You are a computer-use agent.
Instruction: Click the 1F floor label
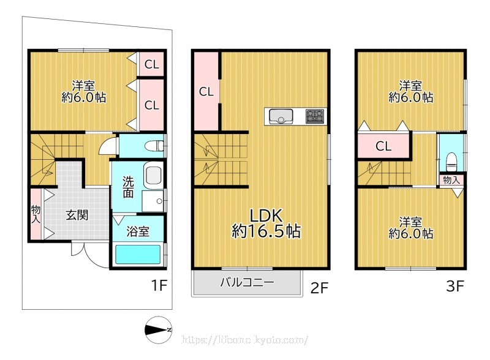coord(159,285)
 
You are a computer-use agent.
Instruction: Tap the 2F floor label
coord(319,288)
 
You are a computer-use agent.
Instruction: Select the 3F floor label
coord(455,286)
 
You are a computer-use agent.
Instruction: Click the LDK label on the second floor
coord(266,216)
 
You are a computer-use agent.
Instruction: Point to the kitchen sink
coord(281,116)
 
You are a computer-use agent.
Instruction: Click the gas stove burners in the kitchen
coord(315,116)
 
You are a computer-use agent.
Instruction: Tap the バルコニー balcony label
coord(247,282)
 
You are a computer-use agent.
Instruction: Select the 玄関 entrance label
coord(77,215)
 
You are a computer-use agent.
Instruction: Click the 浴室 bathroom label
coord(138,231)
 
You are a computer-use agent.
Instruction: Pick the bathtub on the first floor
coord(138,254)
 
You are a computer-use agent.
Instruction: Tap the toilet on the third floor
coord(451,162)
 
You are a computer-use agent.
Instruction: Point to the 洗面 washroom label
coord(128,187)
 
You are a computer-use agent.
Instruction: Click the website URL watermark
coord(244,340)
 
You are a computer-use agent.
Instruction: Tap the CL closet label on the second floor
coord(206,92)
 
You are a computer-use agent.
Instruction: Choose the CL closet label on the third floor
coord(383,146)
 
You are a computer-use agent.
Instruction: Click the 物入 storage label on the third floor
coord(451,180)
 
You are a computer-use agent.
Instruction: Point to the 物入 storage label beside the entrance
coord(36,214)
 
